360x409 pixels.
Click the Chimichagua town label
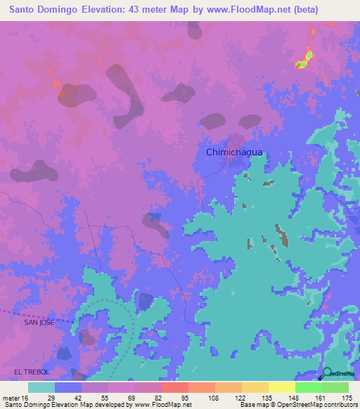tap(228, 152)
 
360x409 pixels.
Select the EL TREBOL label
tap(32, 370)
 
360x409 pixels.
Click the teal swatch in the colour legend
tap(41, 387)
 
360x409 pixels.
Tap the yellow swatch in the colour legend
tap(281, 387)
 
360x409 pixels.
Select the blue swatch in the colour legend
tap(68, 387)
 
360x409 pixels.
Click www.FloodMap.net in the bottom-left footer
tap(163, 405)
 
